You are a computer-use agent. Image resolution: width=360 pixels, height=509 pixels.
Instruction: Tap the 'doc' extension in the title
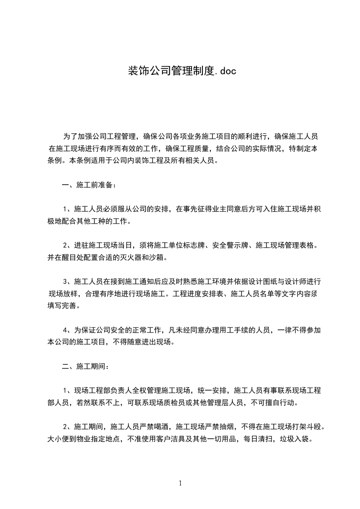(226, 71)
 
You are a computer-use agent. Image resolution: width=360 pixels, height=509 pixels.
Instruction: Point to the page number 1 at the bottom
(180, 483)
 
